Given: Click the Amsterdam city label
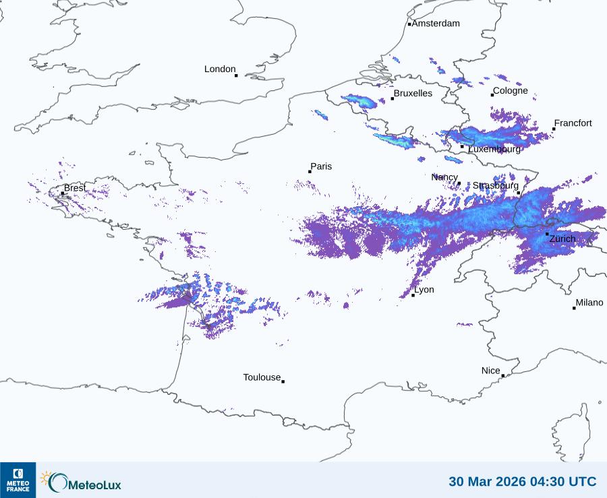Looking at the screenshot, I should [436, 24].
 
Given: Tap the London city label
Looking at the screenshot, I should [220, 69].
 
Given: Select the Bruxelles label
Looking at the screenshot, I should [413, 94].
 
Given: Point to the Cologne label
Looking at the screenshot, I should [510, 91].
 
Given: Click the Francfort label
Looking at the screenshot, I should [573, 123].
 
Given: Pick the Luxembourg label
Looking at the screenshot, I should [494, 149].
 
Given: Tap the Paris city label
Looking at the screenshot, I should [321, 166].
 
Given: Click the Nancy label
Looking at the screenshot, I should [444, 177].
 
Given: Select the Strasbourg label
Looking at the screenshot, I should [495, 185].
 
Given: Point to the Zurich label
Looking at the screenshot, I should [562, 239].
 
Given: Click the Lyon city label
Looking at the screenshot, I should [424, 290].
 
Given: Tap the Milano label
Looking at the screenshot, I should [589, 303].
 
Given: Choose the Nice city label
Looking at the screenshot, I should [490, 371].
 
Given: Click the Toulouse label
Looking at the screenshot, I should [262, 377].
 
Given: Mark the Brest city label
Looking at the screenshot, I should [74, 188].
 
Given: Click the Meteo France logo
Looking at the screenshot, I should [18, 480].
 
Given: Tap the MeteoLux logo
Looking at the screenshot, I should [81, 481].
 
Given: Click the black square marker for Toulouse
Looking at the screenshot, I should [283, 381].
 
